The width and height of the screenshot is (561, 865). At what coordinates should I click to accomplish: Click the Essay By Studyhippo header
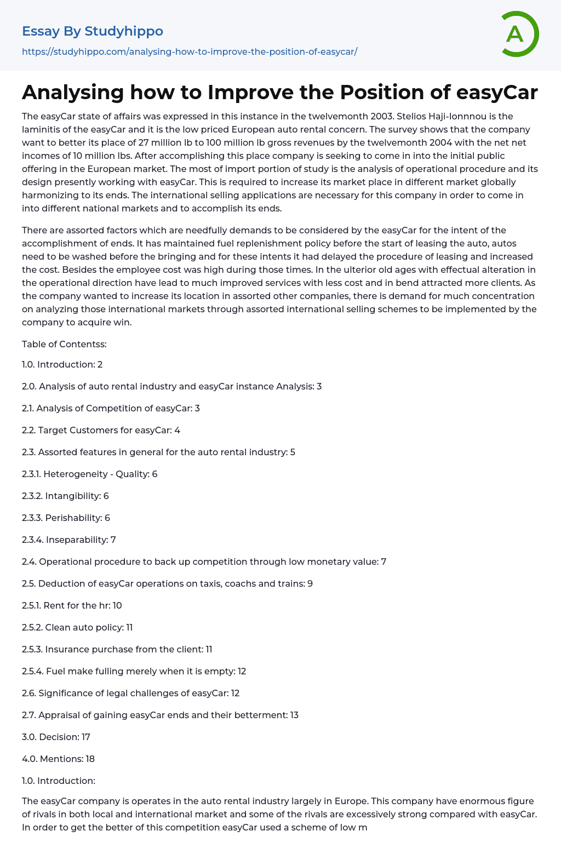coord(93,31)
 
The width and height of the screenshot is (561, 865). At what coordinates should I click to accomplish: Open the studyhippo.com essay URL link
coord(190,52)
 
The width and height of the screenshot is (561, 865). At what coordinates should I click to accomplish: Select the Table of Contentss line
coord(64,344)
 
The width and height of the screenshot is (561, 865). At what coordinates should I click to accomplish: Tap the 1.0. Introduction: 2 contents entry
coord(62,364)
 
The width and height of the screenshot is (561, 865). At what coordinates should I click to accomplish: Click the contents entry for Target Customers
coord(101,430)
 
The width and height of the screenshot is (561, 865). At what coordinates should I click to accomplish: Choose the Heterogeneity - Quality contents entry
coord(90,474)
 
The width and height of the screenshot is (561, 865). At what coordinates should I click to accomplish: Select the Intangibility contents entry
coord(65,496)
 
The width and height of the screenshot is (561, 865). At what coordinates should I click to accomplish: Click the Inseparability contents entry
coord(69,540)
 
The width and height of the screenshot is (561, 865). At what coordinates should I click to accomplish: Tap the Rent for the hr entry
coord(72,605)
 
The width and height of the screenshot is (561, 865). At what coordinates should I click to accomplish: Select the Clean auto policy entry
coord(77,627)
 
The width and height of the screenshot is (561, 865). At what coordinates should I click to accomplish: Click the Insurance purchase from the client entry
coord(117,649)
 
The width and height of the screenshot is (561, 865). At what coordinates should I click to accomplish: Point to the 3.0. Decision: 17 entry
coord(56,737)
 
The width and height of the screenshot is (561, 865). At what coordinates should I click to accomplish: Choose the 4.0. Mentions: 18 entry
coord(58,759)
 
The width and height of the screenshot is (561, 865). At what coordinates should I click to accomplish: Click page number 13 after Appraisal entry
coord(294,715)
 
